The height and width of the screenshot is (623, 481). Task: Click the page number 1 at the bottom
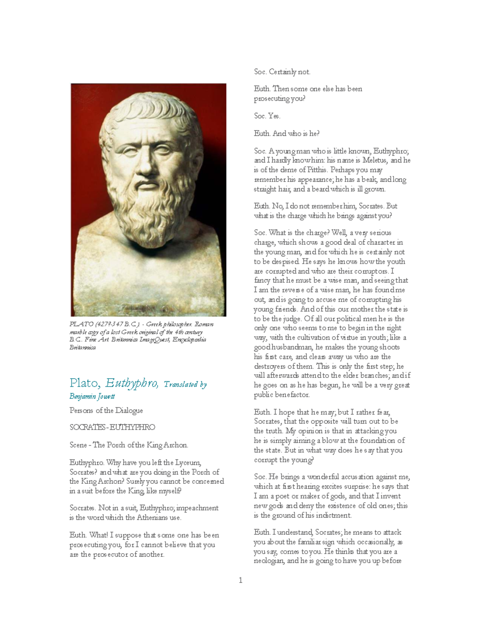(240, 580)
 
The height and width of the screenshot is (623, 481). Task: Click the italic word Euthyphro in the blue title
(132, 384)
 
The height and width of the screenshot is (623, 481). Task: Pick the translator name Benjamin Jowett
(92, 396)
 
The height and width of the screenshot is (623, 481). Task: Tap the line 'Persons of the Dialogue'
(106, 410)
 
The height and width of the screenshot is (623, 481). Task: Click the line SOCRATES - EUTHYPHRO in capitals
(112, 427)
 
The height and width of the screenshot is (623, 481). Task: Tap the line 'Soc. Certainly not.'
(282, 72)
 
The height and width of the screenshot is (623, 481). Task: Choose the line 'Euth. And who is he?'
(287, 134)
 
